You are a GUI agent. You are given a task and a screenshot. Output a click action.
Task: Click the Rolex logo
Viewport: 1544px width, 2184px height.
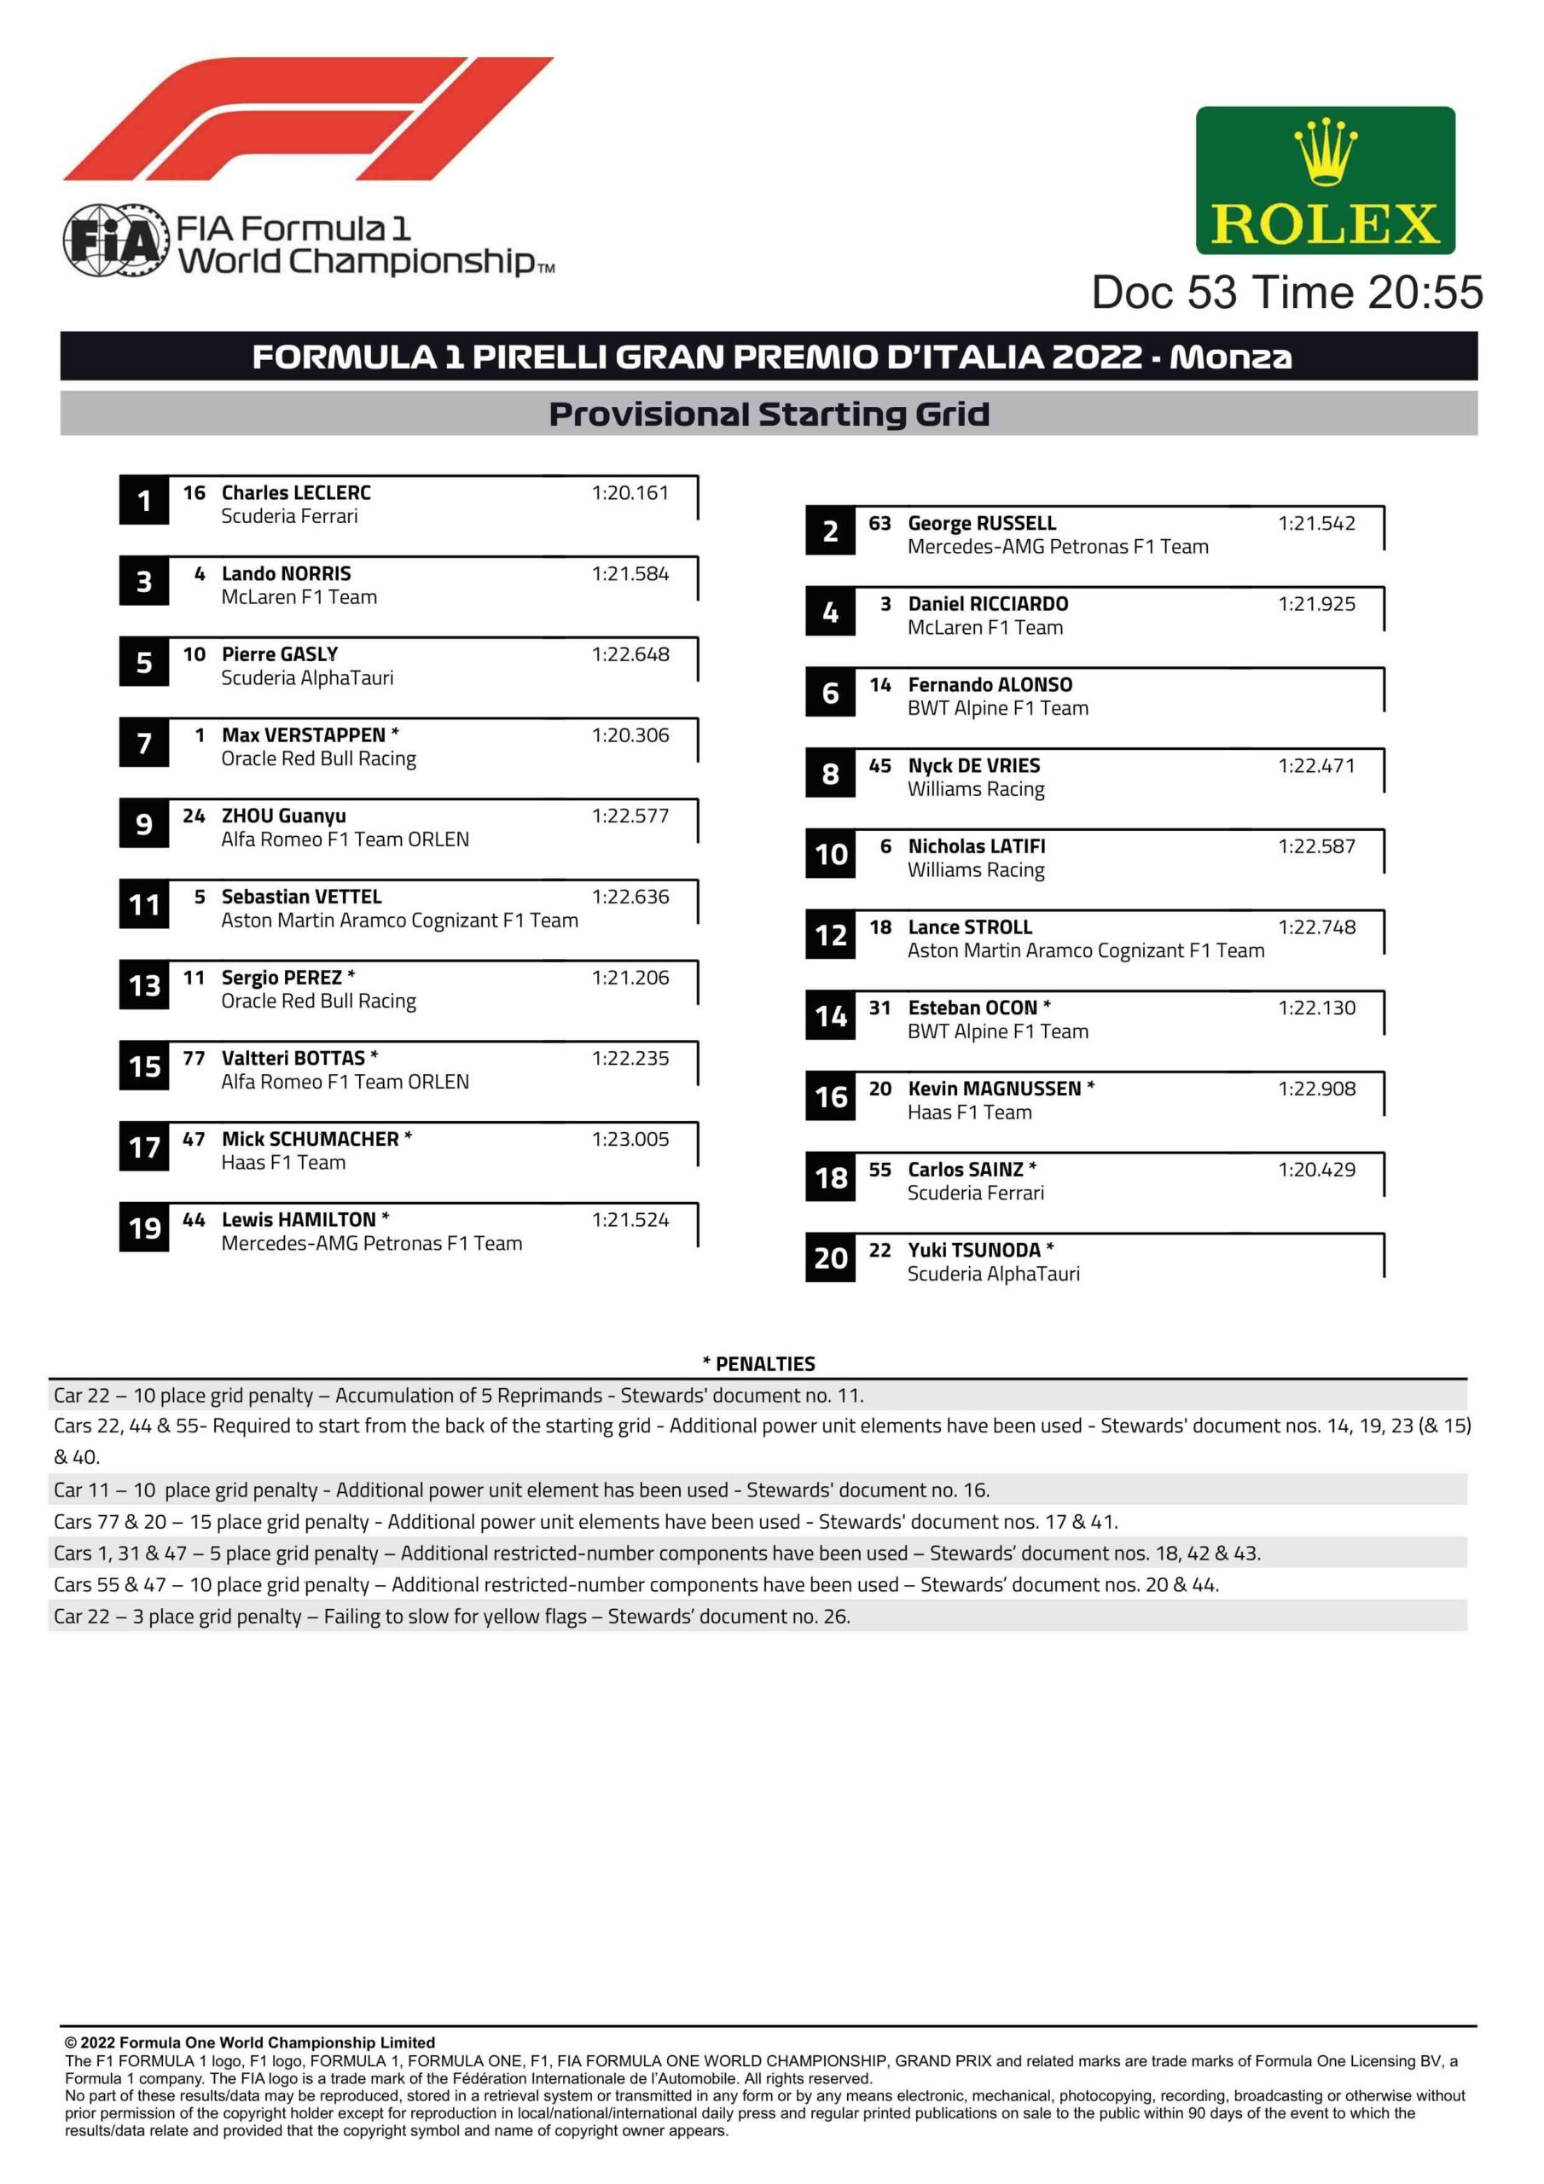point(1324,180)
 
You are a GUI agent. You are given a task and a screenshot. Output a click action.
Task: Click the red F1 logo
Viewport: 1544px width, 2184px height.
point(309,119)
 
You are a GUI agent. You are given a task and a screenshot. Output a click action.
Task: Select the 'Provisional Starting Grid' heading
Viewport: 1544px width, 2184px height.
point(769,414)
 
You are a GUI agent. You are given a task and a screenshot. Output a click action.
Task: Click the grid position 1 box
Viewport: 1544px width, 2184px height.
point(143,500)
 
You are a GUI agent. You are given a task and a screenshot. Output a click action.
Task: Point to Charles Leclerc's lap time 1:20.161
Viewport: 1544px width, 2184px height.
point(630,493)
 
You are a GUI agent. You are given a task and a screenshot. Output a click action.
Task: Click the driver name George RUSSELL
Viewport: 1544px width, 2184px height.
point(981,523)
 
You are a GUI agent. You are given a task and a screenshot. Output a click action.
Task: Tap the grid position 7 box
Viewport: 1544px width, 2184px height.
point(143,743)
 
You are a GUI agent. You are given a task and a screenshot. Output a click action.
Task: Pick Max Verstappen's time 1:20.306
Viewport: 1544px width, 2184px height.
point(630,735)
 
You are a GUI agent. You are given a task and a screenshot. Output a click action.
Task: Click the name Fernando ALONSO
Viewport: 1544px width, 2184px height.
point(990,685)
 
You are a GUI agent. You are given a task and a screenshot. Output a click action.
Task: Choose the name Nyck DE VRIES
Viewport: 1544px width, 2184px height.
point(973,766)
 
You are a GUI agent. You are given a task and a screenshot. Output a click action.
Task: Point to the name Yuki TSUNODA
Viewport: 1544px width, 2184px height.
point(973,1250)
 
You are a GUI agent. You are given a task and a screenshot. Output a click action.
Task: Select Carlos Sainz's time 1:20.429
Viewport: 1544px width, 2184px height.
point(1315,1169)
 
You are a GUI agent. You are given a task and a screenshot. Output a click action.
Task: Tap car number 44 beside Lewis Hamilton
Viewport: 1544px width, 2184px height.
point(194,1219)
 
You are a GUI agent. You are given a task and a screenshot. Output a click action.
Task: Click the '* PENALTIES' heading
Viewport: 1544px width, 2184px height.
point(758,1364)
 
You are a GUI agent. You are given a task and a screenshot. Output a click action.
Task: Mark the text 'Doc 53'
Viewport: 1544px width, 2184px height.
point(1163,292)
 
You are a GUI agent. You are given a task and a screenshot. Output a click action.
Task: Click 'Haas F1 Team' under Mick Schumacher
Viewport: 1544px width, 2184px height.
point(283,1163)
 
